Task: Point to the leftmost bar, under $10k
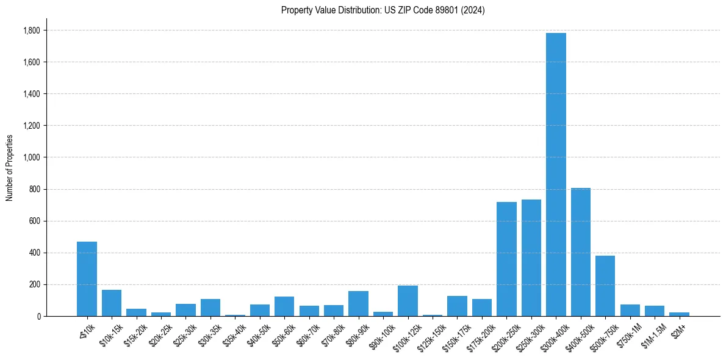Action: [x=87, y=279]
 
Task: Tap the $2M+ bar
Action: [x=679, y=314]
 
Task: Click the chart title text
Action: [x=383, y=10]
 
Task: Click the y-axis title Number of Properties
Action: [x=9, y=167]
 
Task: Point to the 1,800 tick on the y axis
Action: [x=32, y=31]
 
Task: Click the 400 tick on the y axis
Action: [x=35, y=253]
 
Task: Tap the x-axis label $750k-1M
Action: [x=629, y=335]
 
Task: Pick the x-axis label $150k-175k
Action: [x=454, y=337]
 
